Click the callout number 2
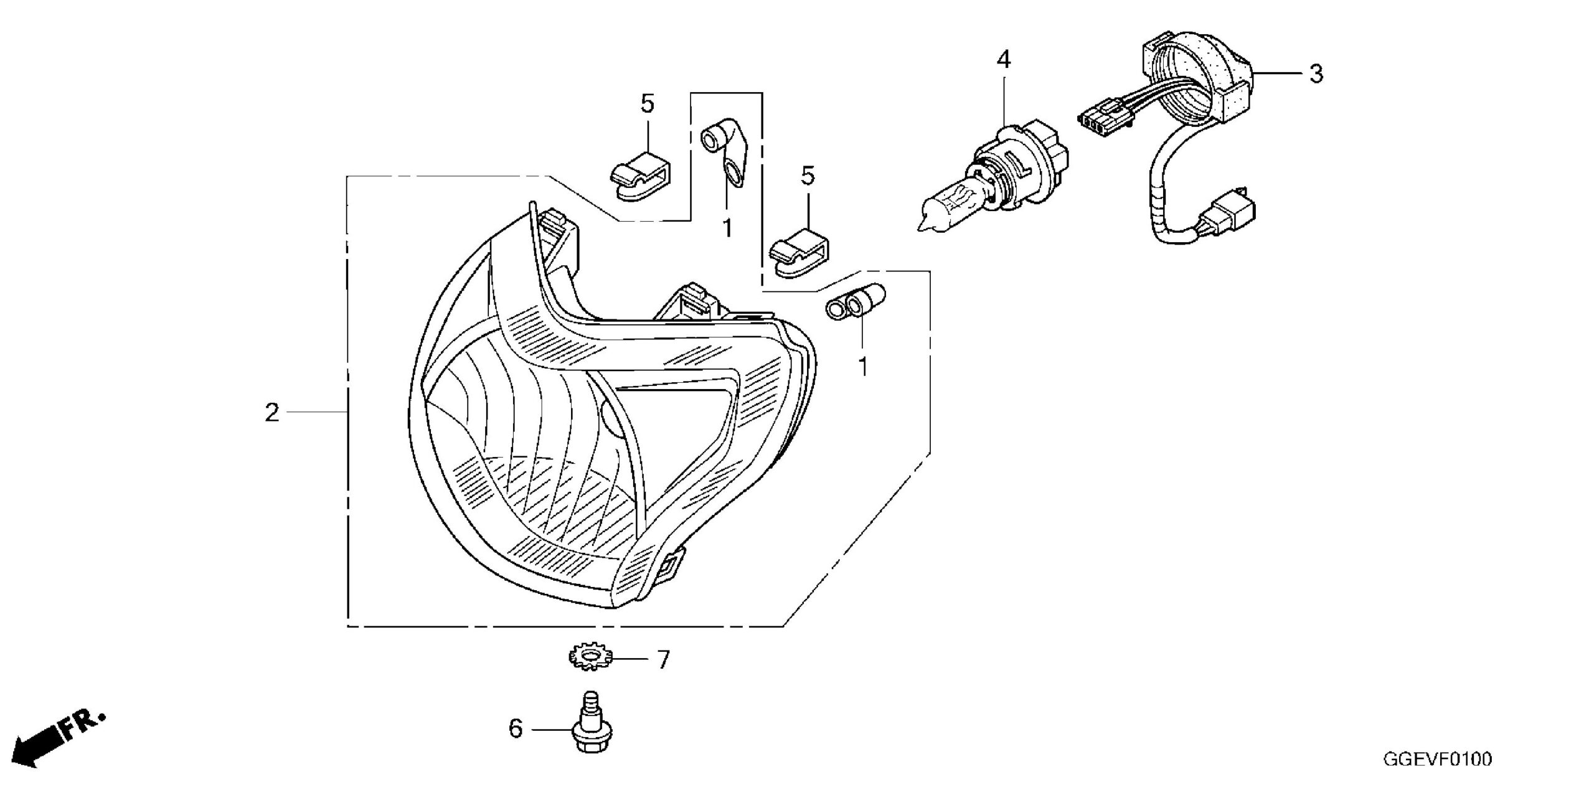(272, 413)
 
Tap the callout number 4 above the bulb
(1003, 60)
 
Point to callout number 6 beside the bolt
(516, 728)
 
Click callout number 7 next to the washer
(663, 659)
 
